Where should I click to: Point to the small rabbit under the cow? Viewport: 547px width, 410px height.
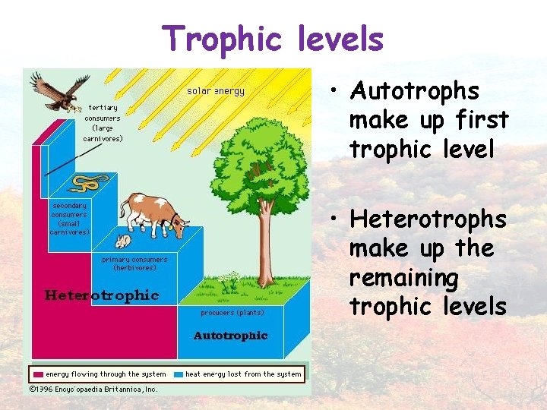pyautogui.click(x=122, y=241)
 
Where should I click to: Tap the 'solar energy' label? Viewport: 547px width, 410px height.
pyautogui.click(x=216, y=91)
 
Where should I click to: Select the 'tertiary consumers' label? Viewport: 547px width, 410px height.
pyautogui.click(x=103, y=123)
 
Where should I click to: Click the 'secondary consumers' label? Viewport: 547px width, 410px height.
pyautogui.click(x=70, y=219)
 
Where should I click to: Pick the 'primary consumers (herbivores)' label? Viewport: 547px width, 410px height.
pyautogui.click(x=134, y=263)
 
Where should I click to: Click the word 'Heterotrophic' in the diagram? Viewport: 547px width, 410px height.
pyautogui.click(x=102, y=295)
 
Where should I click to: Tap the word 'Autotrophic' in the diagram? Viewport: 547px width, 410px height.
pyautogui.click(x=230, y=335)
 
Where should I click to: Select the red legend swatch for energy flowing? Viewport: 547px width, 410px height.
pyautogui.click(x=38, y=374)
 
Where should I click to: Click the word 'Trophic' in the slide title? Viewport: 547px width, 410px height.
pyautogui.click(x=213, y=38)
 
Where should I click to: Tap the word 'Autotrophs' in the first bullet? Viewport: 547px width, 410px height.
pyautogui.click(x=414, y=92)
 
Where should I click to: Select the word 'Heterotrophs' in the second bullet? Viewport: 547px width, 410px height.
pyautogui.click(x=428, y=219)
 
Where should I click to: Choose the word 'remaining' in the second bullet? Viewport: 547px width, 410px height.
pyautogui.click(x=403, y=278)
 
